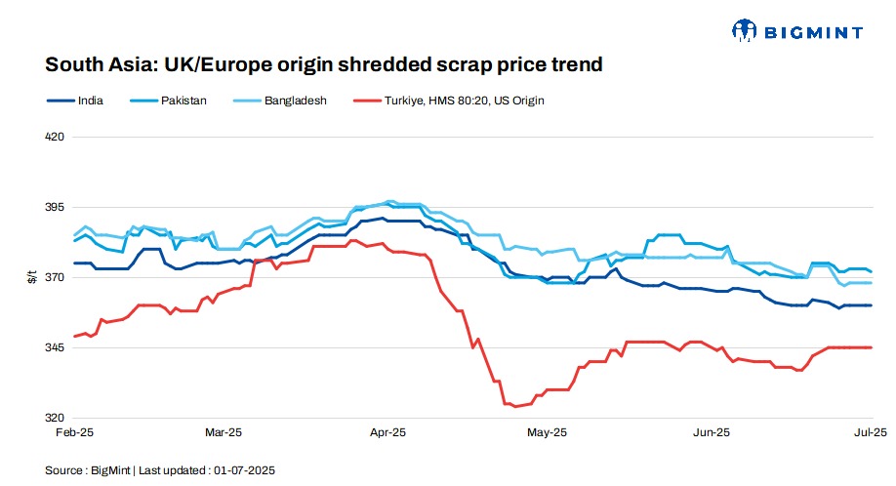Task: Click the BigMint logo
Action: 796,31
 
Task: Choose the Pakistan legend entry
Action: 183,101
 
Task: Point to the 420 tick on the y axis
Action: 55,137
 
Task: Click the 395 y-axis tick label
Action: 55,207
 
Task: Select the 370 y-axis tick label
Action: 55,277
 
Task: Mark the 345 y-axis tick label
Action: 55,347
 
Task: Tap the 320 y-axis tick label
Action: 55,418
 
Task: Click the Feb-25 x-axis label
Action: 74,431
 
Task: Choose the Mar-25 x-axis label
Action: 224,431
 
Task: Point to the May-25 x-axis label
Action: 548,431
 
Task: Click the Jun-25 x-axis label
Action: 712,431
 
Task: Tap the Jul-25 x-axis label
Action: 871,431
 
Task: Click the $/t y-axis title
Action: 31,277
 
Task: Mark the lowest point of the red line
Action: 515,406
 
